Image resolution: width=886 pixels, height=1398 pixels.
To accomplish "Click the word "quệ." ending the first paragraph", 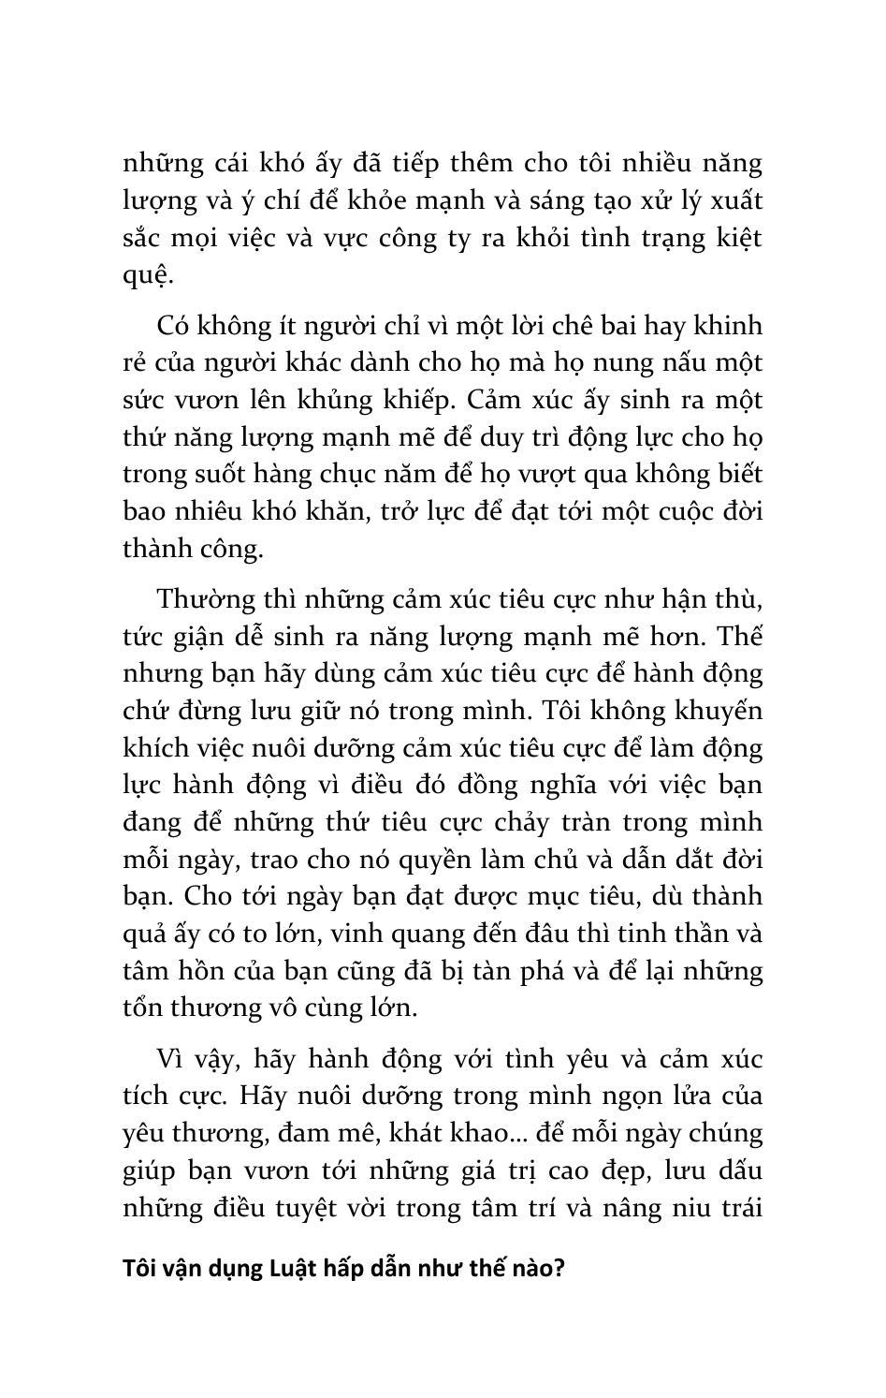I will click(x=147, y=276).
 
